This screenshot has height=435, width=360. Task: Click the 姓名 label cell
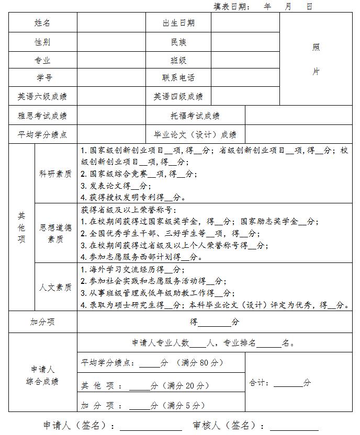[42, 22]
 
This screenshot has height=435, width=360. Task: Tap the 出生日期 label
[178, 22]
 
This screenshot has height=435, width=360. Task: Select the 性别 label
[42, 42]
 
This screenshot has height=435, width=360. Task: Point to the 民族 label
[178, 42]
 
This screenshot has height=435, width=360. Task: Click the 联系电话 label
[178, 77]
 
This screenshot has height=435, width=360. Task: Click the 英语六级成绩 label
[42, 96]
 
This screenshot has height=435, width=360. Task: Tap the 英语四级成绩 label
[178, 96]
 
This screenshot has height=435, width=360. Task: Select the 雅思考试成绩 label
[42, 116]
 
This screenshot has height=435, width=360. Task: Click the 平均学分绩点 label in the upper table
[42, 134]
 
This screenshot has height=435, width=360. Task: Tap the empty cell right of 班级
[245, 60]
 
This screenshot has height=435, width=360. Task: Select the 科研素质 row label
[55, 174]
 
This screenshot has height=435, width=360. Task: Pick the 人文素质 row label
[55, 288]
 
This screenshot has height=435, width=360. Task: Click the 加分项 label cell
[42, 322]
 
